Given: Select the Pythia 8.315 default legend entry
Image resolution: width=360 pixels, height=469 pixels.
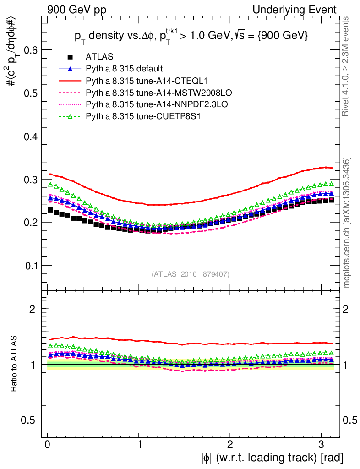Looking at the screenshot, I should click(x=124, y=69).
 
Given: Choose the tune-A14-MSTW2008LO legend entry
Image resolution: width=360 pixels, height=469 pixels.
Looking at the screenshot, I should click(x=143, y=93).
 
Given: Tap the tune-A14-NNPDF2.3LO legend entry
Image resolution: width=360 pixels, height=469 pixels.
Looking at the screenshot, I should click(x=142, y=105).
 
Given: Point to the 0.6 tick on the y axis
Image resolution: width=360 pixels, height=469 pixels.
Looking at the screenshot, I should click(x=30, y=50).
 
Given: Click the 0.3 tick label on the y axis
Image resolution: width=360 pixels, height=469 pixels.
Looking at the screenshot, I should click(x=30, y=180).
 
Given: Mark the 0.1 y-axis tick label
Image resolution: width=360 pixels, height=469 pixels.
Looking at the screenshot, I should click(x=30, y=266).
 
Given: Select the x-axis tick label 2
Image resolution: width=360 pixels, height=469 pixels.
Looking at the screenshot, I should click(x=230, y=445).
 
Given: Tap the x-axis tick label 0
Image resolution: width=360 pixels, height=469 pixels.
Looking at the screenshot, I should click(x=48, y=445).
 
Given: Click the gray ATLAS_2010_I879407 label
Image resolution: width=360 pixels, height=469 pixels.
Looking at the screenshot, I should click(x=191, y=274).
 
